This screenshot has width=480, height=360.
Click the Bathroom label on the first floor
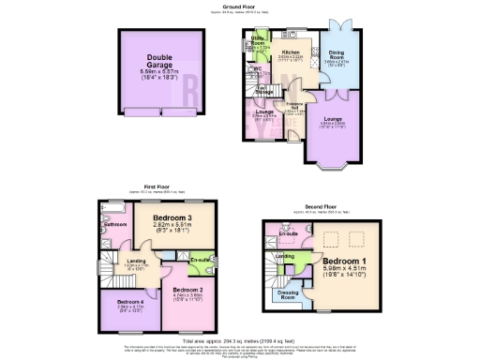115,225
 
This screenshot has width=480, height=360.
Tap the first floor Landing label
138,260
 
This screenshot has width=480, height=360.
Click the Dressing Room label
290,294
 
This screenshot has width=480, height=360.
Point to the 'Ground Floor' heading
241,6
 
